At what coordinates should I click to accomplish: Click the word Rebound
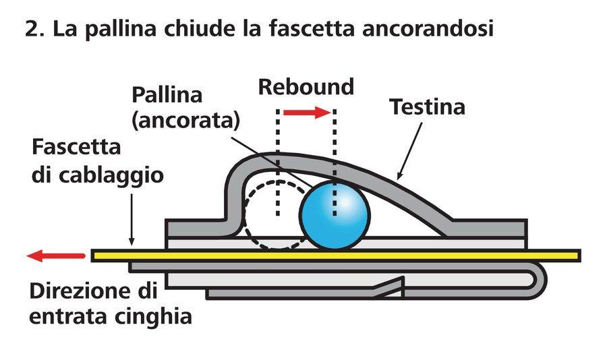click(306, 87)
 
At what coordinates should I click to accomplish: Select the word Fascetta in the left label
click(76, 148)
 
